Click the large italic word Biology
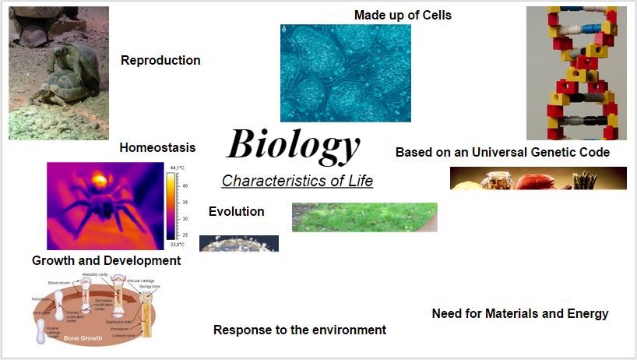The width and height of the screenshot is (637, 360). (293, 145)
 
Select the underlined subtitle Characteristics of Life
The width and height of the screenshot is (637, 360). (297, 181)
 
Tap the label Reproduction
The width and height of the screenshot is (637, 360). (160, 61)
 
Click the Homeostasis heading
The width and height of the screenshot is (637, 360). (157, 147)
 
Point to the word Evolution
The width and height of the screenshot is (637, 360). (236, 211)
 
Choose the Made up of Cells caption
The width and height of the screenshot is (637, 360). (403, 15)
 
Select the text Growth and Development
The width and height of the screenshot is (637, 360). (106, 260)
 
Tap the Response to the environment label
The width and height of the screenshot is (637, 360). (300, 330)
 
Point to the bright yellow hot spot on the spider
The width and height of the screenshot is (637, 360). (99, 181)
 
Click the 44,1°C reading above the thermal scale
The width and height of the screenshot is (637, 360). (177, 167)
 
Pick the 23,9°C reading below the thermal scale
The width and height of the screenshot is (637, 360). (177, 244)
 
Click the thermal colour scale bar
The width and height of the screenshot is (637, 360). (171, 206)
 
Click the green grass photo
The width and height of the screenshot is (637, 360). (364, 217)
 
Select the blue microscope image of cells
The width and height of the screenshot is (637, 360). (345, 72)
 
